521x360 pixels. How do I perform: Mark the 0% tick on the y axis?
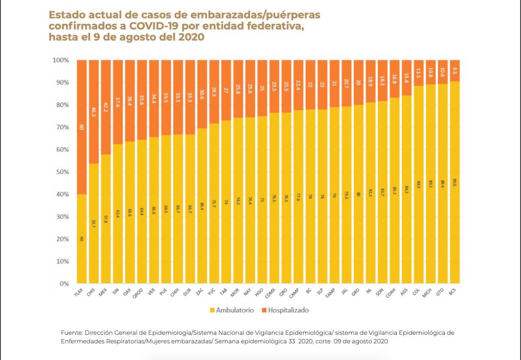63,284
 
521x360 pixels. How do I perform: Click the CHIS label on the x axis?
91,292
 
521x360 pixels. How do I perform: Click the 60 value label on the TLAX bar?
82,127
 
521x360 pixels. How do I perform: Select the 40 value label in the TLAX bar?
82,238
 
